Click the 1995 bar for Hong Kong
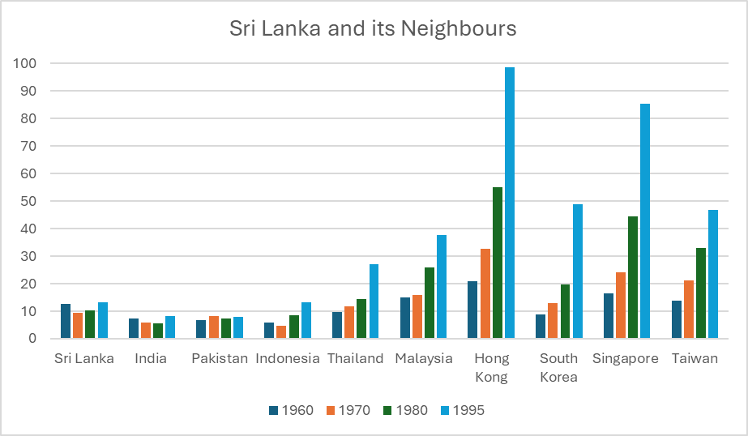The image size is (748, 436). coord(510,203)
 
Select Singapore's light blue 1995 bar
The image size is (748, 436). coord(645,221)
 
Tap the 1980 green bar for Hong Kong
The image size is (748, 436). coord(498,263)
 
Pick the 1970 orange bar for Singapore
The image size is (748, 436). coord(621,306)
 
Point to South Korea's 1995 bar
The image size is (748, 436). coord(578,271)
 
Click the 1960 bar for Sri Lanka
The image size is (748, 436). coord(66,321)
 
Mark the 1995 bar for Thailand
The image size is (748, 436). coord(374,301)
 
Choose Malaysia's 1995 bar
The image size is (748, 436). coord(442,287)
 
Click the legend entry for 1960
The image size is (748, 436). coord(291,410)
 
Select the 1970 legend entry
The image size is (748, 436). coord(348,410)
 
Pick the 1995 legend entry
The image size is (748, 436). coord(461,410)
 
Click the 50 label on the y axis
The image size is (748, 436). coord(30,201)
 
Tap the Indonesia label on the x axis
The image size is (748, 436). coord(288,358)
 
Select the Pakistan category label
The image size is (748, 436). coord(220,358)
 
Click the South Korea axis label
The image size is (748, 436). coord(559,367)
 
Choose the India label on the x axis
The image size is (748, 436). coord(151,358)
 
